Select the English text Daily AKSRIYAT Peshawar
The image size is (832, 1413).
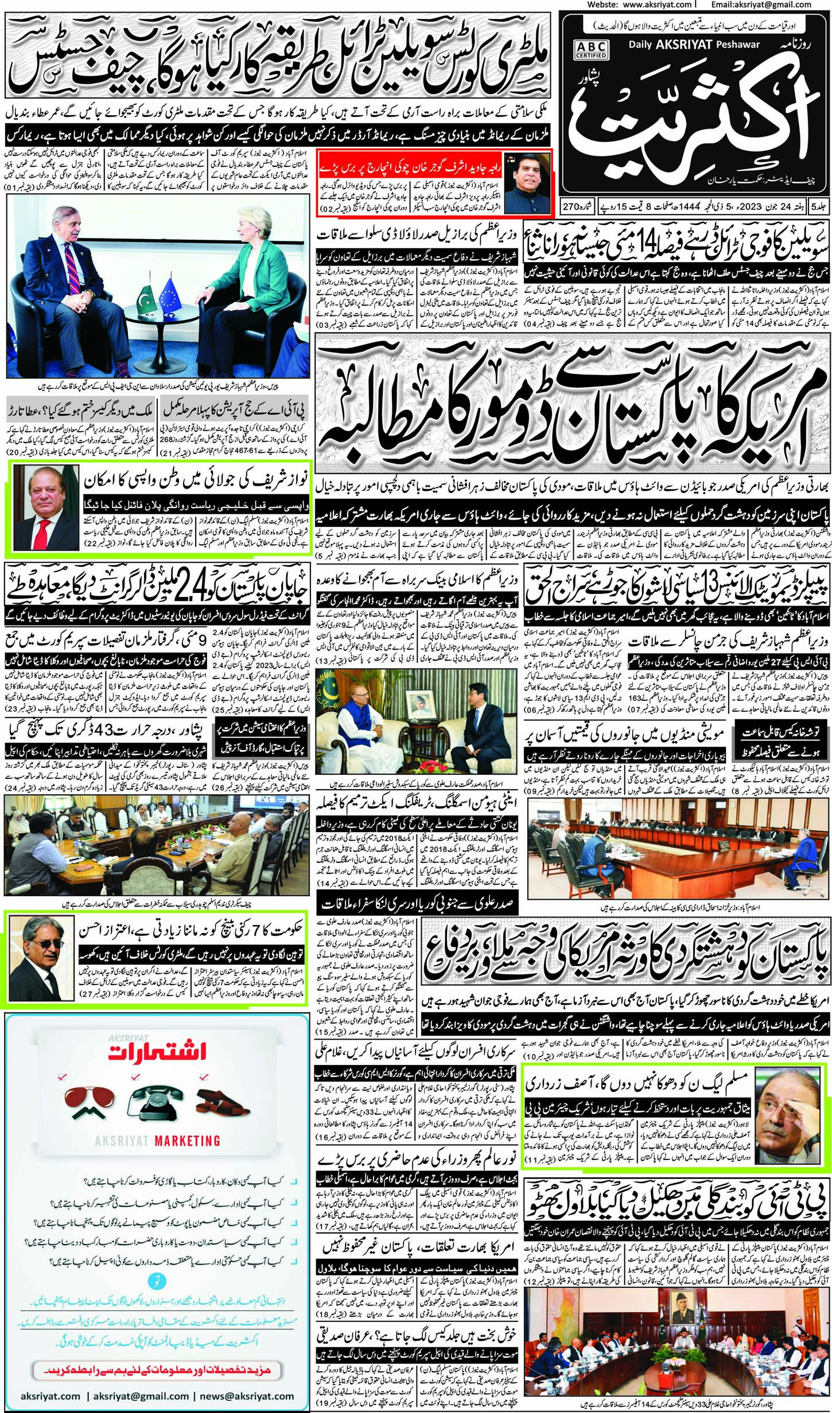point(694,44)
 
